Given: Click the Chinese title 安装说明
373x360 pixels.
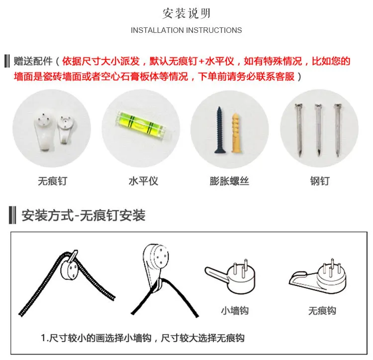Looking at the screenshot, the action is point(186,13).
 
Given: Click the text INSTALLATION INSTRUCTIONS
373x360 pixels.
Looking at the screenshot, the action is point(186,30).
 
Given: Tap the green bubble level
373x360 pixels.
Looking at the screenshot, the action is point(141,124).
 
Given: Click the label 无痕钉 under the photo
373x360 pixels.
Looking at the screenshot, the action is point(52,181).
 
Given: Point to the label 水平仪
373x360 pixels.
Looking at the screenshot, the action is point(143,181).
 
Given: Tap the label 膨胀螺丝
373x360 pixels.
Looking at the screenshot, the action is point(229,181).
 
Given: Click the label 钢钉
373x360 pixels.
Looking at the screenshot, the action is point(320,181).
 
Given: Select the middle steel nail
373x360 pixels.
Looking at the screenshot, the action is point(318,130).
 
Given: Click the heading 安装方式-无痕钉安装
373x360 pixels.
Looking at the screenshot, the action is point(83,216).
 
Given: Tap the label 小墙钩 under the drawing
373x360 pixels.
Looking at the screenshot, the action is point(235,311).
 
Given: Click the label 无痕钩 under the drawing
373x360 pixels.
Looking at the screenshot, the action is point(322,311).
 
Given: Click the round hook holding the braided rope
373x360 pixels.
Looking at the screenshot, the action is point(69,268).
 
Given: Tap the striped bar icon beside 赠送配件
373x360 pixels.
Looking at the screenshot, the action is point(7,61).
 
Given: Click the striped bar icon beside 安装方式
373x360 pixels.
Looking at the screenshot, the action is point(12,215).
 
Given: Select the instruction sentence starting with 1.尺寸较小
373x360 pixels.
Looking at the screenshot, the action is point(143,338).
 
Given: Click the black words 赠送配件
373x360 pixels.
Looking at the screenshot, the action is point(33,61).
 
